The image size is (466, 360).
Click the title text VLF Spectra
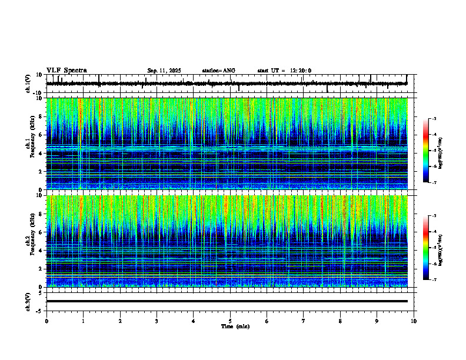[66, 71]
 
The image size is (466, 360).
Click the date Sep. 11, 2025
[164, 71]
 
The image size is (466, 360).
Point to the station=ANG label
[218, 71]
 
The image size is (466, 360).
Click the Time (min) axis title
[235, 326]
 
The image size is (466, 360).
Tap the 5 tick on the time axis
[230, 321]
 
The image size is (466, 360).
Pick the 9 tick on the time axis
[377, 321]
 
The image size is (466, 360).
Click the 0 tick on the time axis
[46, 321]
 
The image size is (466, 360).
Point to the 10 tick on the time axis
[414, 321]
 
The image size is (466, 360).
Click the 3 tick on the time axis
[157, 321]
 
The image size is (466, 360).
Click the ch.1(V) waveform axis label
[28, 84]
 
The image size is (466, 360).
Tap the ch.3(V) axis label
[28, 301]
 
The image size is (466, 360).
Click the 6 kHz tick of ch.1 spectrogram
[40, 135]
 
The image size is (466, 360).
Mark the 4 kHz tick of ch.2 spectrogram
[40, 251]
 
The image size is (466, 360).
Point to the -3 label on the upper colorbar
[434, 119]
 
